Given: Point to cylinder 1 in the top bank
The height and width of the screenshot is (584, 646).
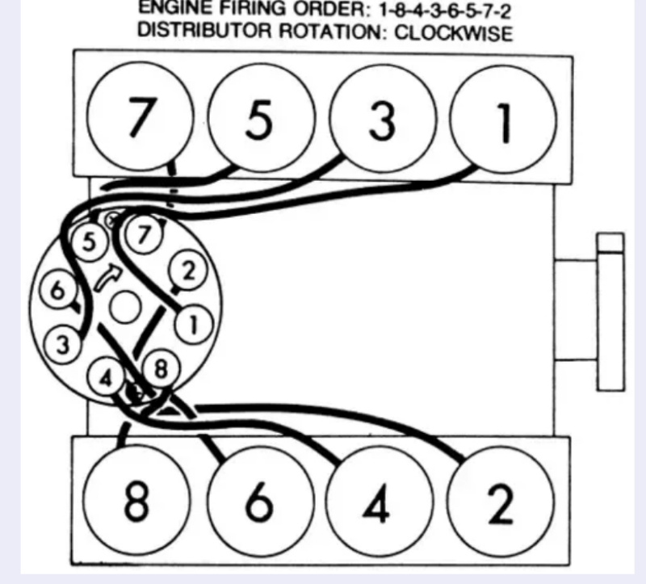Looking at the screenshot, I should click(502, 120).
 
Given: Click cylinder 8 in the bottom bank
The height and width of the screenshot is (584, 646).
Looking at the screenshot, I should click(136, 501).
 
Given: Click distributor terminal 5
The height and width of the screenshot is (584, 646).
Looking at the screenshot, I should click(88, 242).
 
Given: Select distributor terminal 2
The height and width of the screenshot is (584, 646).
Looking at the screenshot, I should click(187, 272).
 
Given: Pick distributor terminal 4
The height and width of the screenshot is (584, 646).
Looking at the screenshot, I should click(106, 377).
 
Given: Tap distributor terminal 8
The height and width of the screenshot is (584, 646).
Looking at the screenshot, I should click(161, 371).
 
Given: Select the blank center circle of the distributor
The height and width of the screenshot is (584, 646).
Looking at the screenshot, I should click(124, 306).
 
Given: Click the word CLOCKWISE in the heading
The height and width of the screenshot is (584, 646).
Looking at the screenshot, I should click(448, 34).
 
